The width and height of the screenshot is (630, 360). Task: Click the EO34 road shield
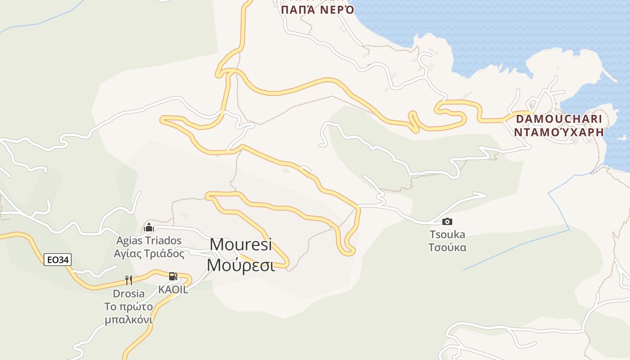click(x=58, y=260)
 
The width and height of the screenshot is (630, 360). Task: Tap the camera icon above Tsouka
click(x=447, y=221)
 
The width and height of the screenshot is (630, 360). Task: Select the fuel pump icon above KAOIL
click(x=173, y=276)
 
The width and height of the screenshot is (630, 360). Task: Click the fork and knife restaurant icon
click(x=129, y=280)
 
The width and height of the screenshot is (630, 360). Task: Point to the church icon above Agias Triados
click(x=149, y=227)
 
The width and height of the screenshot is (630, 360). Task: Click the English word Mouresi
click(x=241, y=245)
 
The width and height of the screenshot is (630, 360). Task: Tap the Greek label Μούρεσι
click(x=241, y=265)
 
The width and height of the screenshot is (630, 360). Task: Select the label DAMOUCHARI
click(x=558, y=119)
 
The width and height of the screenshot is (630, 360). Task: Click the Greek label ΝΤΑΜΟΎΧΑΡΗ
click(x=558, y=132)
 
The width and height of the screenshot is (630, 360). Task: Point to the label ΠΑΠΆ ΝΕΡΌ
click(x=318, y=10)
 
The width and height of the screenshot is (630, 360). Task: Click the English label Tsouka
click(x=447, y=234)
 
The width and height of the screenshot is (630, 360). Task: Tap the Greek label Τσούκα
click(x=447, y=247)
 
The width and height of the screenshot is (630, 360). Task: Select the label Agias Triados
click(x=149, y=241)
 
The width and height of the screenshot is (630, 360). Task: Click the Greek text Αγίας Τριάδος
click(x=149, y=254)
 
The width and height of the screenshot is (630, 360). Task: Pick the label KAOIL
click(x=173, y=290)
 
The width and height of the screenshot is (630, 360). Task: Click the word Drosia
click(x=129, y=294)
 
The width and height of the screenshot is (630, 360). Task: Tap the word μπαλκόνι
click(x=129, y=320)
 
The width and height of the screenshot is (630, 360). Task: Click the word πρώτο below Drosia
click(x=135, y=307)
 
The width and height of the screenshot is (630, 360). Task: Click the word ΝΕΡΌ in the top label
click(x=337, y=10)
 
